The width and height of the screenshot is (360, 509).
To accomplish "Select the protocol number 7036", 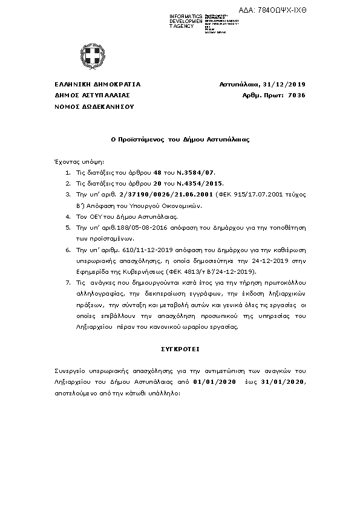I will [298, 95].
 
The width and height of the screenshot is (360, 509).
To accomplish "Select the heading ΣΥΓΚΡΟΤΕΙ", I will [180, 349].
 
